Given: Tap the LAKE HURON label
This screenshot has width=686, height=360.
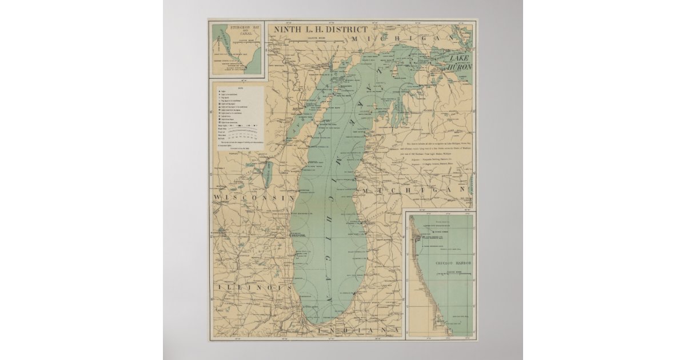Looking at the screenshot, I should pos(460,63).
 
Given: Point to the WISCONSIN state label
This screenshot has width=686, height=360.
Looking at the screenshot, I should pos(253,197).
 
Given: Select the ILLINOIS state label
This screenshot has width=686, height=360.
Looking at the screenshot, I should pos(251,289).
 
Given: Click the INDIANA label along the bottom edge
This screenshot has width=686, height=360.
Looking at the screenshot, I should pos(354,331).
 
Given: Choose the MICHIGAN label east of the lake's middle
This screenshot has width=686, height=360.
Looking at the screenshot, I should pos(412,189).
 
